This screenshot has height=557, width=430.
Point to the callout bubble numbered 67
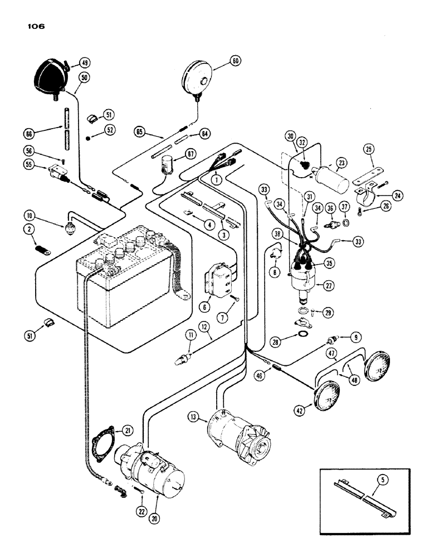175,154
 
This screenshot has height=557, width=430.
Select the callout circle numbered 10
30,216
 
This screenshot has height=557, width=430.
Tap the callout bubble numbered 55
30,165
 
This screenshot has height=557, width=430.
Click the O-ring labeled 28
302,335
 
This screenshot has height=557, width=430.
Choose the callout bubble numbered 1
216,179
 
